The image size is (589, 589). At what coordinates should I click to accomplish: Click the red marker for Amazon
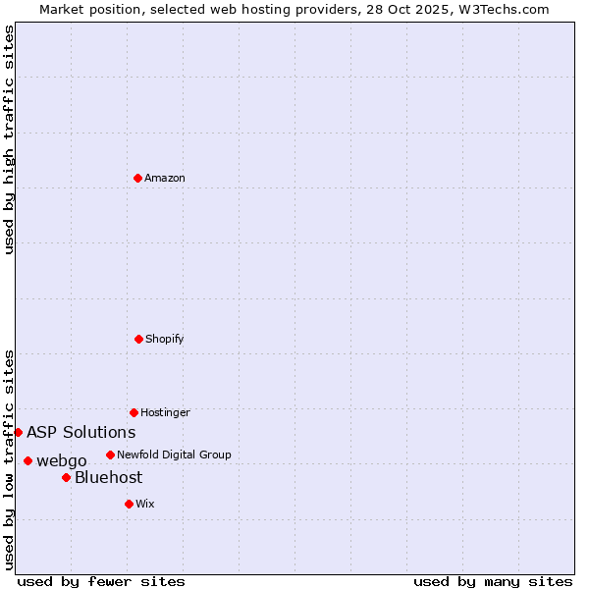tap(137, 178)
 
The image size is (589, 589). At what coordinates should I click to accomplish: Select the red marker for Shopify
tap(138, 339)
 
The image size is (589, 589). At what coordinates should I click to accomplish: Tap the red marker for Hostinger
tap(134, 412)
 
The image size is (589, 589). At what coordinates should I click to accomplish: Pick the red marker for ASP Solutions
tap(18, 432)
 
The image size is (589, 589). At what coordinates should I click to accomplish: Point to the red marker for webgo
tap(27, 460)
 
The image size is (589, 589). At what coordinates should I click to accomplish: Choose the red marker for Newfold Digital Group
tap(110, 455)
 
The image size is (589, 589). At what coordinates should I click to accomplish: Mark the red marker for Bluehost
tap(66, 477)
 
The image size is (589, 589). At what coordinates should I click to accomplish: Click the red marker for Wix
tap(129, 504)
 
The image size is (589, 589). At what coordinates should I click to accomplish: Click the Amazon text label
tap(165, 179)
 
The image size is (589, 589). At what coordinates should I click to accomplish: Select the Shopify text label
tap(165, 340)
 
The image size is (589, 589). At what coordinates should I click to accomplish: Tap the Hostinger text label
tap(165, 413)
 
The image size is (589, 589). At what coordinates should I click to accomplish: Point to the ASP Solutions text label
tap(81, 433)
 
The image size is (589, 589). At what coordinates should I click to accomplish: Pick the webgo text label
tap(62, 461)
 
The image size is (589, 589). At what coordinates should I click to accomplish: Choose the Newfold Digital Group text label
tap(174, 455)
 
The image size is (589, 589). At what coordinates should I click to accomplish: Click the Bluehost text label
tap(109, 478)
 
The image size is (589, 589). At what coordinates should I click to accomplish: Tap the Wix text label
tap(145, 505)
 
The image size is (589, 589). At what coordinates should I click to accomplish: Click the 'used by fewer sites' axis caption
tap(101, 581)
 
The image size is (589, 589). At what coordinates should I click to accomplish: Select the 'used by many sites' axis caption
tap(493, 581)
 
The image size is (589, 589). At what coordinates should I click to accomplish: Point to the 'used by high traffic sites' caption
tap(9, 139)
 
